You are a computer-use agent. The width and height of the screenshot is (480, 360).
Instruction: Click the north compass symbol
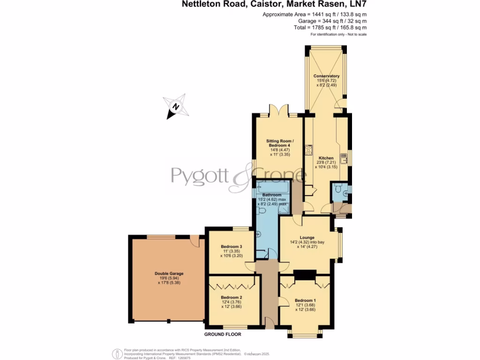tap(175, 106)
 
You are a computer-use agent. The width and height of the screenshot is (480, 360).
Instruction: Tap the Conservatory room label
tap(326, 76)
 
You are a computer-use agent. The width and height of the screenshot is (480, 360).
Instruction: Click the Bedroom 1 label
tap(305, 300)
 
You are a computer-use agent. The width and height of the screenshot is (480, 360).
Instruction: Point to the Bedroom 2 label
tap(231, 298)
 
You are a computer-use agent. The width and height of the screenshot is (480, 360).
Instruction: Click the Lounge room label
tap(307, 238)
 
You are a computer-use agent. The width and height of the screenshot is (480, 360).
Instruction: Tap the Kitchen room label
tap(326, 158)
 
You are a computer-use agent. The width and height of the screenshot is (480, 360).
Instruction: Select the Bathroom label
tap(272, 195)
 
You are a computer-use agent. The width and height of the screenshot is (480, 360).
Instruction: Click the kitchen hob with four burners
tap(309, 150)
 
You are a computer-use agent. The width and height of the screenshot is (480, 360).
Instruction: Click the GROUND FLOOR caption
tap(223, 335)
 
